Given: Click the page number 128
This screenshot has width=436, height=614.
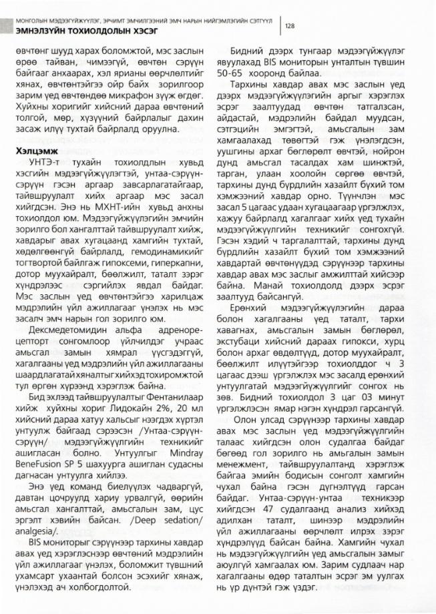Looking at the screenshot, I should [290, 26].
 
